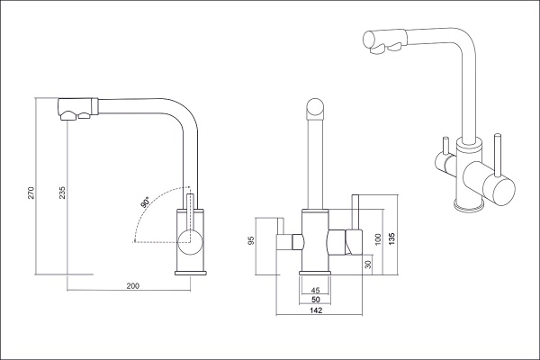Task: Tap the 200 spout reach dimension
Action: (132, 286)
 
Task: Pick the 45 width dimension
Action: (315, 290)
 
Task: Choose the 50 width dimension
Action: (315, 301)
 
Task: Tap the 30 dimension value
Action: (367, 265)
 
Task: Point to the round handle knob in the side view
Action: (189, 239)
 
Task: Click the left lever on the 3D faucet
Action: (444, 154)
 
